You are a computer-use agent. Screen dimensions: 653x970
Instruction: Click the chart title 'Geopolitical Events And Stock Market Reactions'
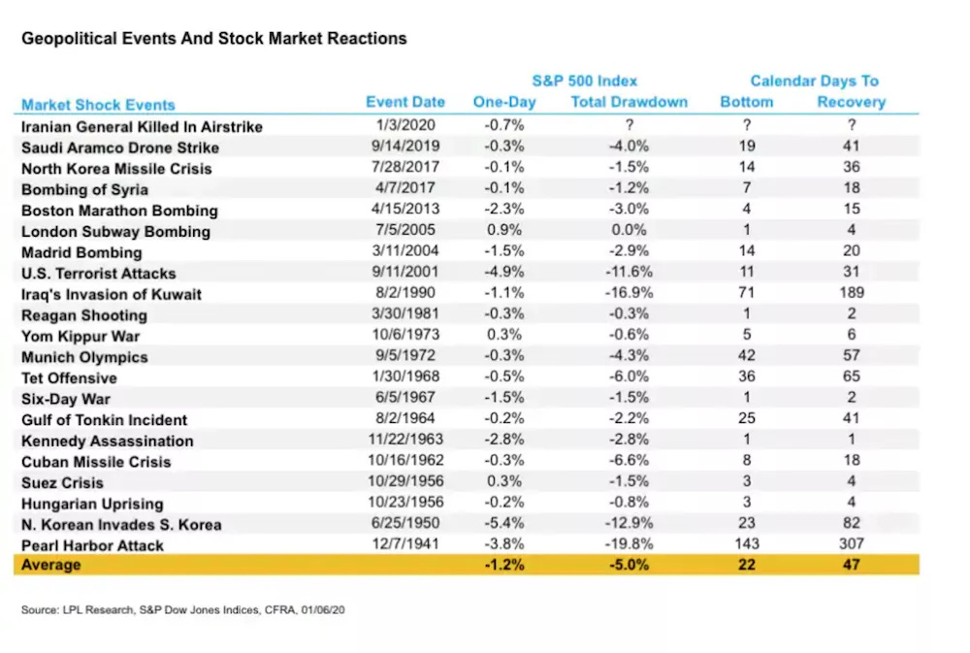[213, 39]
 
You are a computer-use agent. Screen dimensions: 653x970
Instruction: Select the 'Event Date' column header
[405, 102]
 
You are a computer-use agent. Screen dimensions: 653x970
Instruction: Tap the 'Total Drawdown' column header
[629, 102]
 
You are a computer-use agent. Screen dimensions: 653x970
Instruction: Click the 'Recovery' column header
[851, 102]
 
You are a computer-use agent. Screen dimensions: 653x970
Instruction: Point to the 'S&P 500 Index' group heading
[585, 81]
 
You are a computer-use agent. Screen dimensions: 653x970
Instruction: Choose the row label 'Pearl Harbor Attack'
[92, 545]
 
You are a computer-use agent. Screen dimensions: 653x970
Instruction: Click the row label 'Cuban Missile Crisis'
[96, 462]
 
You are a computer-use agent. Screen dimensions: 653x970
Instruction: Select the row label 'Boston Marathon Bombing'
[119, 211]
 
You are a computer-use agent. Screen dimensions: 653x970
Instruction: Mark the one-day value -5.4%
[503, 524]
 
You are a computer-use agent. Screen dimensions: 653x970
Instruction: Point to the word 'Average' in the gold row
[51, 565]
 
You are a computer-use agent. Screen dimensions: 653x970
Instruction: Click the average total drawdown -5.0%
[629, 565]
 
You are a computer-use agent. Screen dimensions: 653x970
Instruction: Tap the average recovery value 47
[851, 565]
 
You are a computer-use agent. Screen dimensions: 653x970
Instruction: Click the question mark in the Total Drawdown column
[629, 126]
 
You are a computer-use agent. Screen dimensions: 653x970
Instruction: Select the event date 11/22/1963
[405, 441]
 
